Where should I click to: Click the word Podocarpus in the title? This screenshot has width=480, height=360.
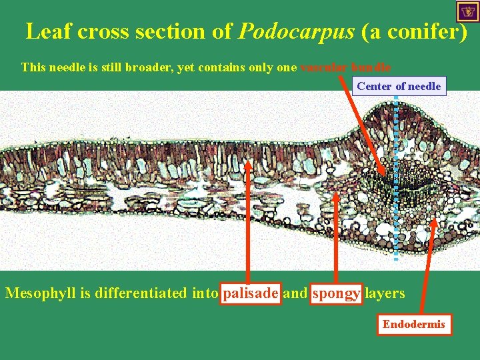(x=297, y=31)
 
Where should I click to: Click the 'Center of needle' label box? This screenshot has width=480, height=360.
(x=399, y=86)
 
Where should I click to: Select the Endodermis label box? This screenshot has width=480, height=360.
(x=413, y=325)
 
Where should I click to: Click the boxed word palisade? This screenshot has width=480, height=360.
(x=250, y=293)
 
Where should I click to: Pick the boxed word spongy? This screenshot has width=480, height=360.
(x=337, y=293)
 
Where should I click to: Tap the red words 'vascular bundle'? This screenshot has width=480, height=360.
(x=345, y=67)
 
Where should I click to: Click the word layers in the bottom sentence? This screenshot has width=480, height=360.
(x=385, y=293)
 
